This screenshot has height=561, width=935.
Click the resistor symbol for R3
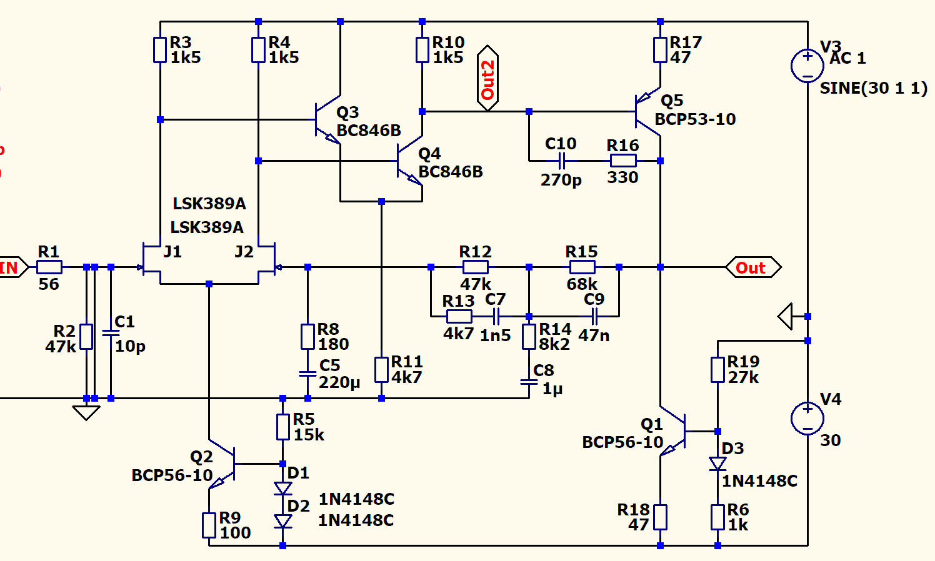[160, 50]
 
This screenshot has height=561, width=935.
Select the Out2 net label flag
[487, 79]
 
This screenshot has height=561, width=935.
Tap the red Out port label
[752, 267]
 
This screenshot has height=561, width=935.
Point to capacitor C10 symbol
[562, 161]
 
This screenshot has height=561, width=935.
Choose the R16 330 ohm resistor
[623, 161]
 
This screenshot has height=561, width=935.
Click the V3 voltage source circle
[807, 66]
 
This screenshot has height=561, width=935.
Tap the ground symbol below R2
[86, 412]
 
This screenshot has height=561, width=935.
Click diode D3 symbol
[717, 464]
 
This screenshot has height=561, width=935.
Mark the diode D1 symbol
[282, 488]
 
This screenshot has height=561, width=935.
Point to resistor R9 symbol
[209, 525]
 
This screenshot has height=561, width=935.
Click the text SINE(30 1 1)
[873, 88]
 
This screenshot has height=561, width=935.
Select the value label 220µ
[339, 382]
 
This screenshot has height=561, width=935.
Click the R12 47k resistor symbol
[476, 267]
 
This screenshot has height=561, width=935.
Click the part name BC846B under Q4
[451, 172]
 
